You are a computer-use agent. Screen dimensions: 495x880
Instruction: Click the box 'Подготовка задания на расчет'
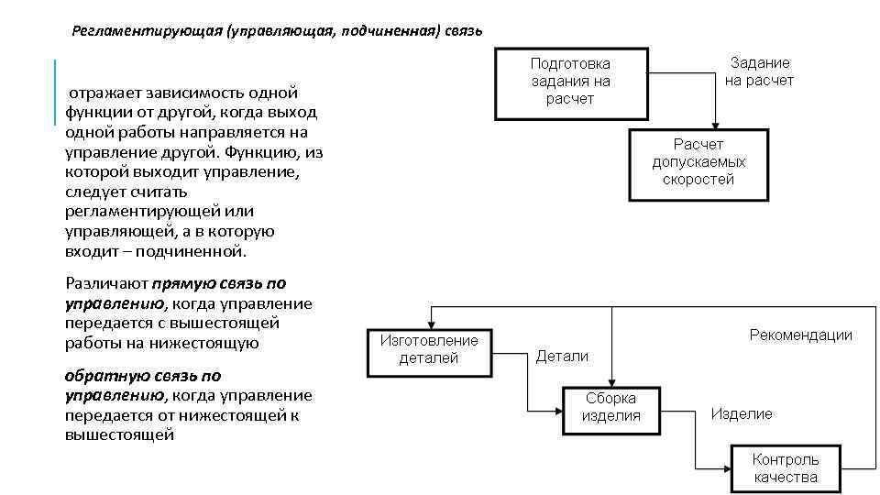(x=569, y=82)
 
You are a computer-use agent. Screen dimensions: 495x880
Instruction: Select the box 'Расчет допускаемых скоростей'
(x=698, y=163)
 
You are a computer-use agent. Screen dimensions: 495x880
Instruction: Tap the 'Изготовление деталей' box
(x=429, y=349)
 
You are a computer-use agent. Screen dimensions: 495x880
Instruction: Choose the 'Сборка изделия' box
(x=610, y=407)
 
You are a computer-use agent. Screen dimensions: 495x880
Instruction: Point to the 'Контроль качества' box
(x=786, y=467)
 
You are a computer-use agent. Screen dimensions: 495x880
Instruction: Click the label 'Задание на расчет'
(x=759, y=71)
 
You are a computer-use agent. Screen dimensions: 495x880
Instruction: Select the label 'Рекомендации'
(x=800, y=335)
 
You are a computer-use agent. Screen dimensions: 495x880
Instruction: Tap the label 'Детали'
(x=562, y=356)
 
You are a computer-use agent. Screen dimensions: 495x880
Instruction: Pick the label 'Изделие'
(x=742, y=414)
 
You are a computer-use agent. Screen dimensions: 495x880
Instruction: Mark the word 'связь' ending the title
(x=464, y=31)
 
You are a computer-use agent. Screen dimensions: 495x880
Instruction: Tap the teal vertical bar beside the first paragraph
(x=56, y=92)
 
